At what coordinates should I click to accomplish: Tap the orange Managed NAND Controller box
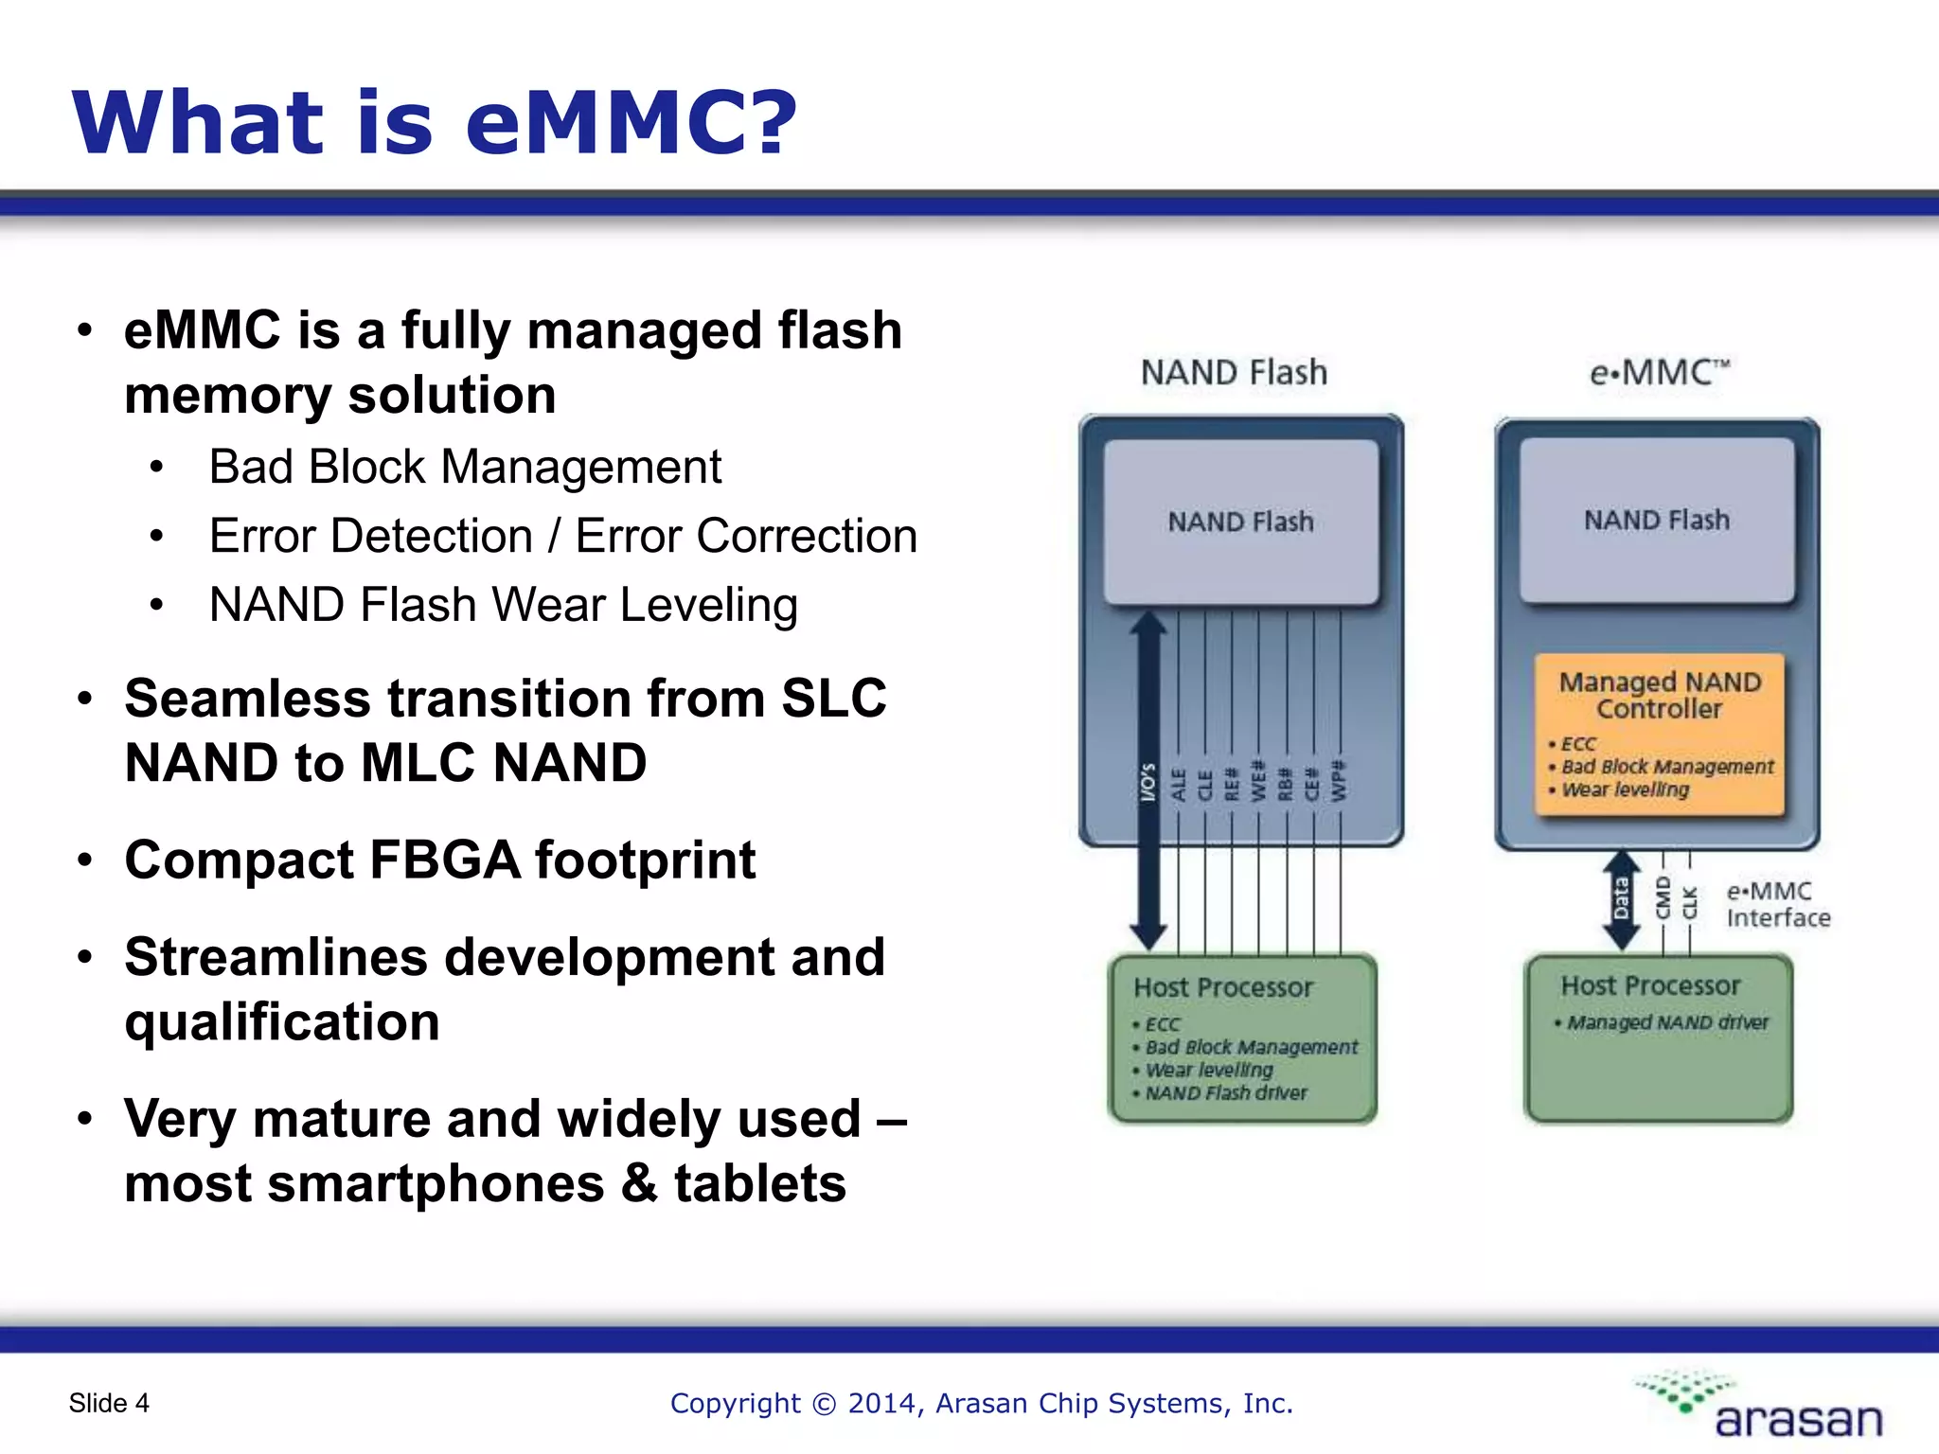[1659, 734]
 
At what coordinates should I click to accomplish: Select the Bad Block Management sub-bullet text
[465, 467]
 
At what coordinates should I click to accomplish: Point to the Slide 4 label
[109, 1403]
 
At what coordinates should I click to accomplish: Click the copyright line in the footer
[981, 1403]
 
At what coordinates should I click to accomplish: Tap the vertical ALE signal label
[1179, 785]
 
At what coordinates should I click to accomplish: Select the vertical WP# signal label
[1339, 780]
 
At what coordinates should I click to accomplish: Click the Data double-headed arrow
[1621, 899]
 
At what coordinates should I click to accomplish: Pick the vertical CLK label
[1689, 902]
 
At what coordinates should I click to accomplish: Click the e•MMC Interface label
[1776, 904]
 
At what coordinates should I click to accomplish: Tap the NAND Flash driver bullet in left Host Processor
[1225, 1093]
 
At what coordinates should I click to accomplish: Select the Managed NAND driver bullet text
[1666, 1022]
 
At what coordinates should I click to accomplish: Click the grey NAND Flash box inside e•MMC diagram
[1657, 520]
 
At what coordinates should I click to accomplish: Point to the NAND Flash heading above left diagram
[1234, 372]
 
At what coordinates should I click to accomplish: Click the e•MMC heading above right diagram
[1659, 372]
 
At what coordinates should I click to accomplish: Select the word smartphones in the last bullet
[436, 1183]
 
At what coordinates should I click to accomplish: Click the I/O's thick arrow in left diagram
[1147, 781]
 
